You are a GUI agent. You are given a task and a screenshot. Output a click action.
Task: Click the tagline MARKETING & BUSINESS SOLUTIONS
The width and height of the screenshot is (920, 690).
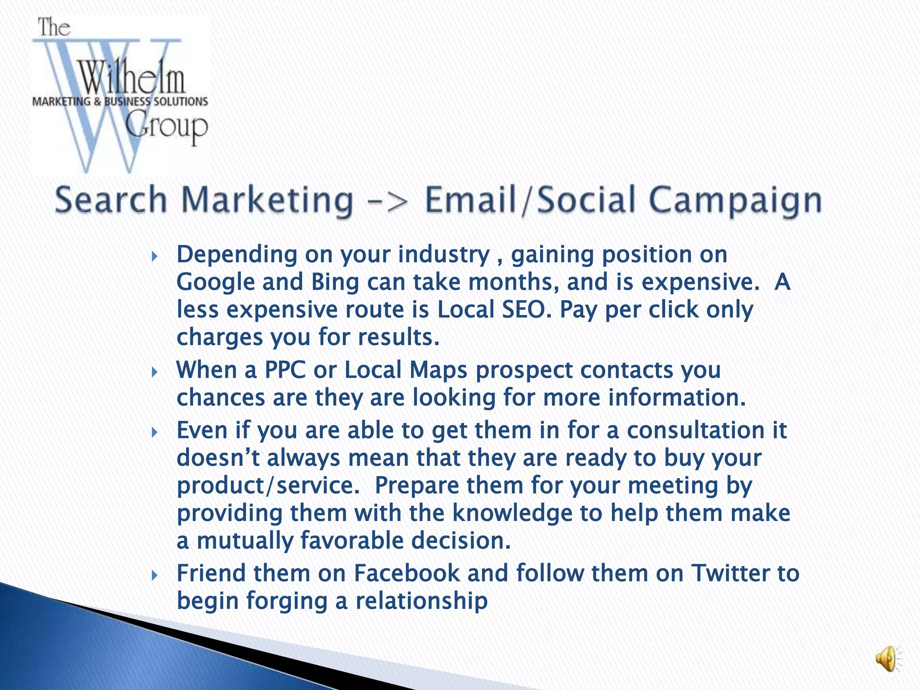point(120,102)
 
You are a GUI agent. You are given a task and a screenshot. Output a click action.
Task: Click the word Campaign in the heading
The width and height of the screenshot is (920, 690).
point(735,200)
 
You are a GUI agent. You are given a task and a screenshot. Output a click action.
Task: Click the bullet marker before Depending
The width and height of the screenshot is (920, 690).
point(154,257)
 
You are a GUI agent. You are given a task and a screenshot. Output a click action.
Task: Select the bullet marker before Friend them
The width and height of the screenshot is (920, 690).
point(154,575)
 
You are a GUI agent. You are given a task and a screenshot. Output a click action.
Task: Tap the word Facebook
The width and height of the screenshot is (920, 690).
point(407,574)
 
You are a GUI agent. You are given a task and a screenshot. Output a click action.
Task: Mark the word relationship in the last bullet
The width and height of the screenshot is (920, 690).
point(421,601)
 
